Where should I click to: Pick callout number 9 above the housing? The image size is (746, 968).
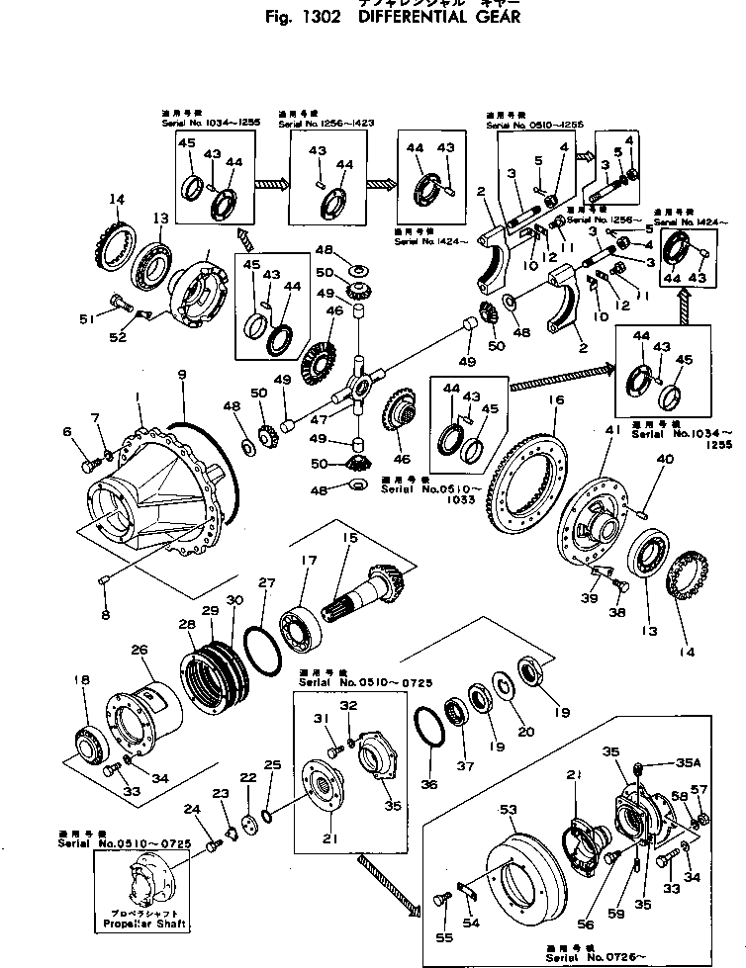181,375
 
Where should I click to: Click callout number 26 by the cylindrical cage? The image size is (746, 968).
139,650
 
